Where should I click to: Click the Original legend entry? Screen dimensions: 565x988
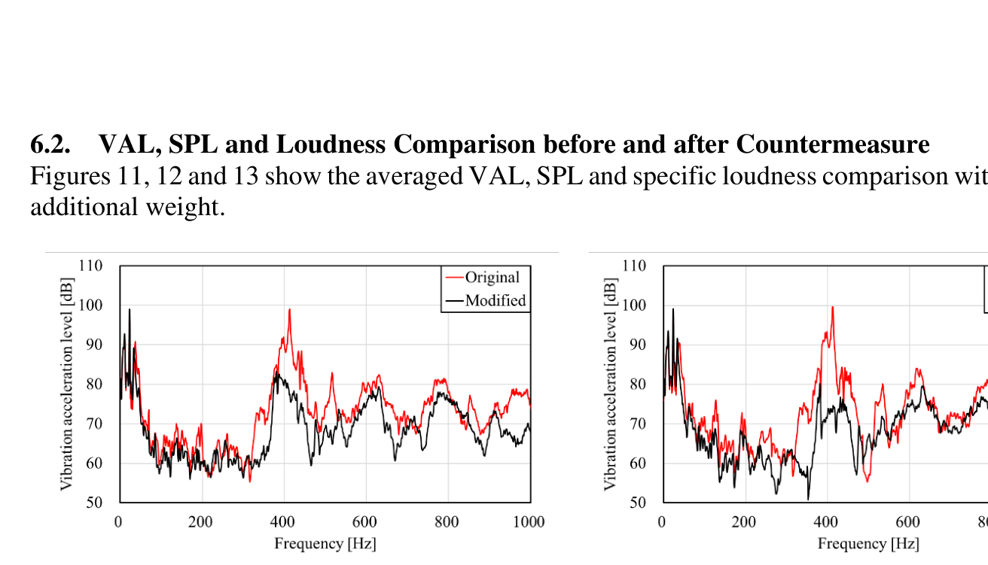click(492, 278)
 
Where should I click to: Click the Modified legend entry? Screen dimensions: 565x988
click(495, 301)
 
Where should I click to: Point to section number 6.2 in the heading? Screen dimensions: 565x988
click(50, 144)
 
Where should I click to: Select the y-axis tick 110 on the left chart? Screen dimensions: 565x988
click(90, 266)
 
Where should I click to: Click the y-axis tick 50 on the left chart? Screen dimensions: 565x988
click(93, 503)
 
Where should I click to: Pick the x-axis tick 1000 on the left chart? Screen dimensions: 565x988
click(529, 522)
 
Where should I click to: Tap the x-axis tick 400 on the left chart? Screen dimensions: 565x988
click(283, 522)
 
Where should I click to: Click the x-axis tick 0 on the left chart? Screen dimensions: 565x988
click(118, 522)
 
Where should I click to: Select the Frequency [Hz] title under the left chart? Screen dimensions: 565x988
click(325, 543)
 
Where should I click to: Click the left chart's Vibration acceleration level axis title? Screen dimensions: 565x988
click(67, 384)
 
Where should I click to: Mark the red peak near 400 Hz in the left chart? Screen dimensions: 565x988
click(289, 310)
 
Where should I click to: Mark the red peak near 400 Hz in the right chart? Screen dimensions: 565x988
click(832, 307)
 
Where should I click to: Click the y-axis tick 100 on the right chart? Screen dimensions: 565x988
click(633, 305)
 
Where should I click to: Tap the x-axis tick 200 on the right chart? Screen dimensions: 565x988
click(744, 522)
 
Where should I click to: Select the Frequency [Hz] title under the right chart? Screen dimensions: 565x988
click(868, 543)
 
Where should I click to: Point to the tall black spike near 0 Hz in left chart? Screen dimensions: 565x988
click(129, 310)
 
